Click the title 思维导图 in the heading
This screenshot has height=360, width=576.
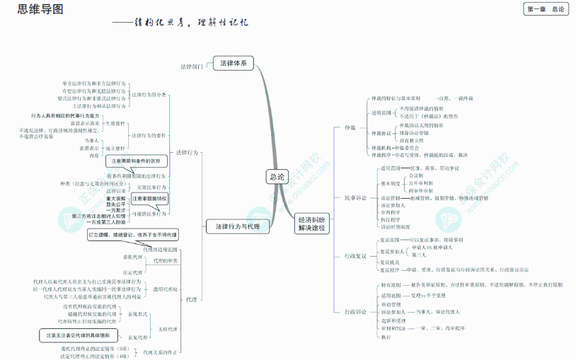(x=32, y=9)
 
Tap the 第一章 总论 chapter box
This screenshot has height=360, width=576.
(x=546, y=8)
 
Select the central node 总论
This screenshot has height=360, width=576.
(x=277, y=176)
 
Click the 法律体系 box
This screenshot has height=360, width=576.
(x=233, y=64)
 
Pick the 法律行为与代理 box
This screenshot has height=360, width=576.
(x=237, y=226)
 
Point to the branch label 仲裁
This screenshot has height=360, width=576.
(x=350, y=128)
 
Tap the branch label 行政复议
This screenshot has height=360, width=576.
(x=356, y=255)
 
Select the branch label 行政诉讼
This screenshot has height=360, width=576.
(x=356, y=311)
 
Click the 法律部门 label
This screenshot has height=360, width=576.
(x=191, y=66)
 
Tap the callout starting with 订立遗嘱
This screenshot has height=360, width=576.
(x=132, y=234)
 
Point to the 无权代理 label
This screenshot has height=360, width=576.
(x=168, y=329)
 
